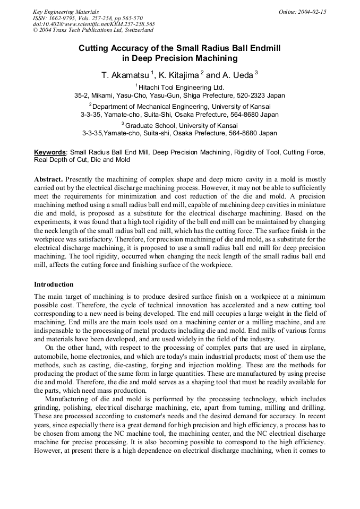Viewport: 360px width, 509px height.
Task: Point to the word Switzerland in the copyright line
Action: pos(135,30)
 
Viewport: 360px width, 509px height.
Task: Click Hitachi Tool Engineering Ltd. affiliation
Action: pos(181,87)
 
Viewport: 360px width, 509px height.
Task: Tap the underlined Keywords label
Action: pos(50,152)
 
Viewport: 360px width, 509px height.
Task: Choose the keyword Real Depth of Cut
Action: pos(59,159)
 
